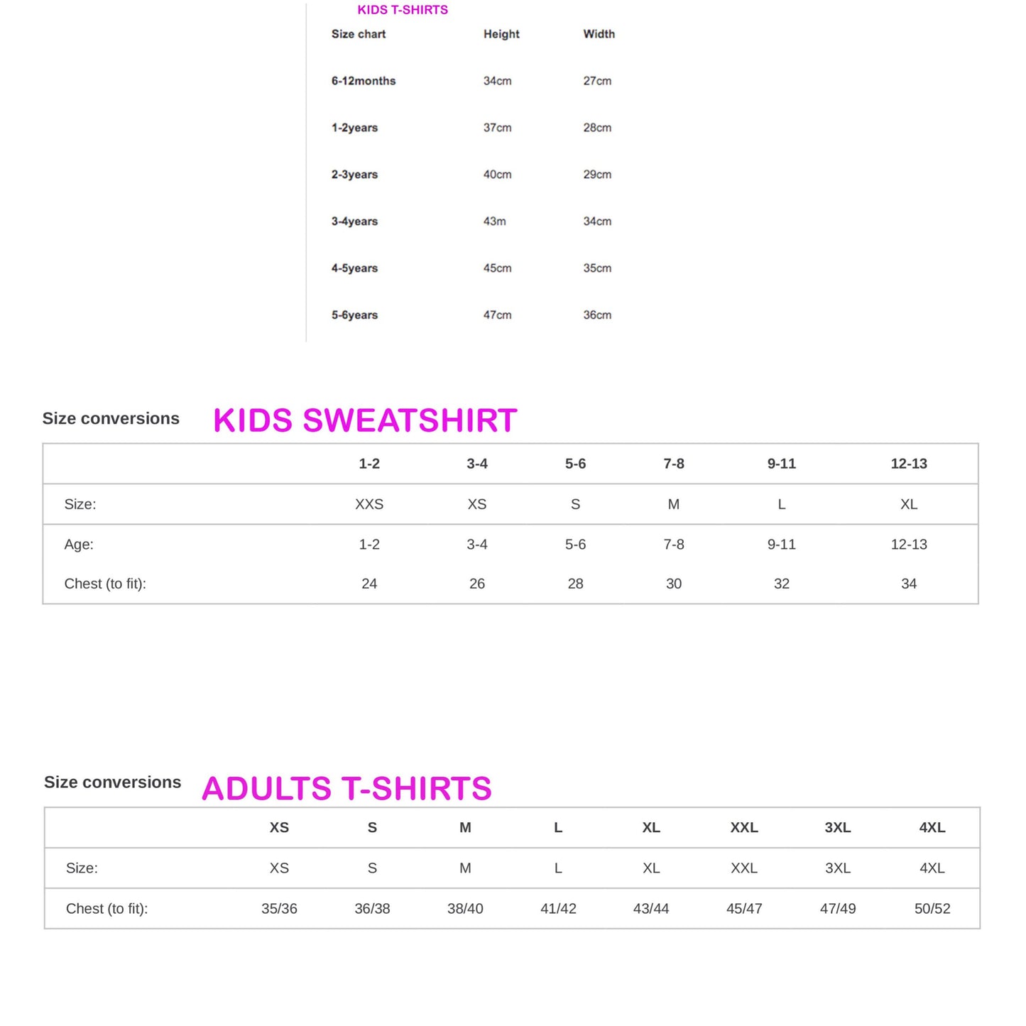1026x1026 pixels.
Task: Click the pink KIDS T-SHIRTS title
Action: (403, 10)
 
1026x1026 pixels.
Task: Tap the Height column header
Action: (501, 34)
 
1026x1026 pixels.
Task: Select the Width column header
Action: (599, 34)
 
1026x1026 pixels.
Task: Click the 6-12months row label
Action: (363, 81)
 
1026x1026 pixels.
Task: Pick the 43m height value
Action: (494, 222)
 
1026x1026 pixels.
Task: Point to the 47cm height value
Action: (497, 315)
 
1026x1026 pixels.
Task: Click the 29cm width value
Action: (597, 175)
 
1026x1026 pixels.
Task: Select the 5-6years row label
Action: (354, 315)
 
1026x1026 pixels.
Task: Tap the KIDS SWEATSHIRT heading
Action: (365, 420)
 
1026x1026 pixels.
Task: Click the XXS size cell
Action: (369, 504)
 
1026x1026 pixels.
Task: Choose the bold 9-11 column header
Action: (781, 464)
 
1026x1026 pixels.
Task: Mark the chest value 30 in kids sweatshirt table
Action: (673, 584)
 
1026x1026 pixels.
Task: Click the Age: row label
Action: (79, 545)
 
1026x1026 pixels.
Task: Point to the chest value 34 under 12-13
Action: (908, 584)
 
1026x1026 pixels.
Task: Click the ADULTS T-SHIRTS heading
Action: (346, 789)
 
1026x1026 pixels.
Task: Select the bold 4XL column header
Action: (932, 828)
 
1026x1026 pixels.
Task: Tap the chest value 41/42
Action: (558, 909)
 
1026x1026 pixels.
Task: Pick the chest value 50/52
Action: (932, 909)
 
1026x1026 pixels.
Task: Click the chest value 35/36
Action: (279, 909)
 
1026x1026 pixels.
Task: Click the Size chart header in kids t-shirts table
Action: (359, 34)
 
